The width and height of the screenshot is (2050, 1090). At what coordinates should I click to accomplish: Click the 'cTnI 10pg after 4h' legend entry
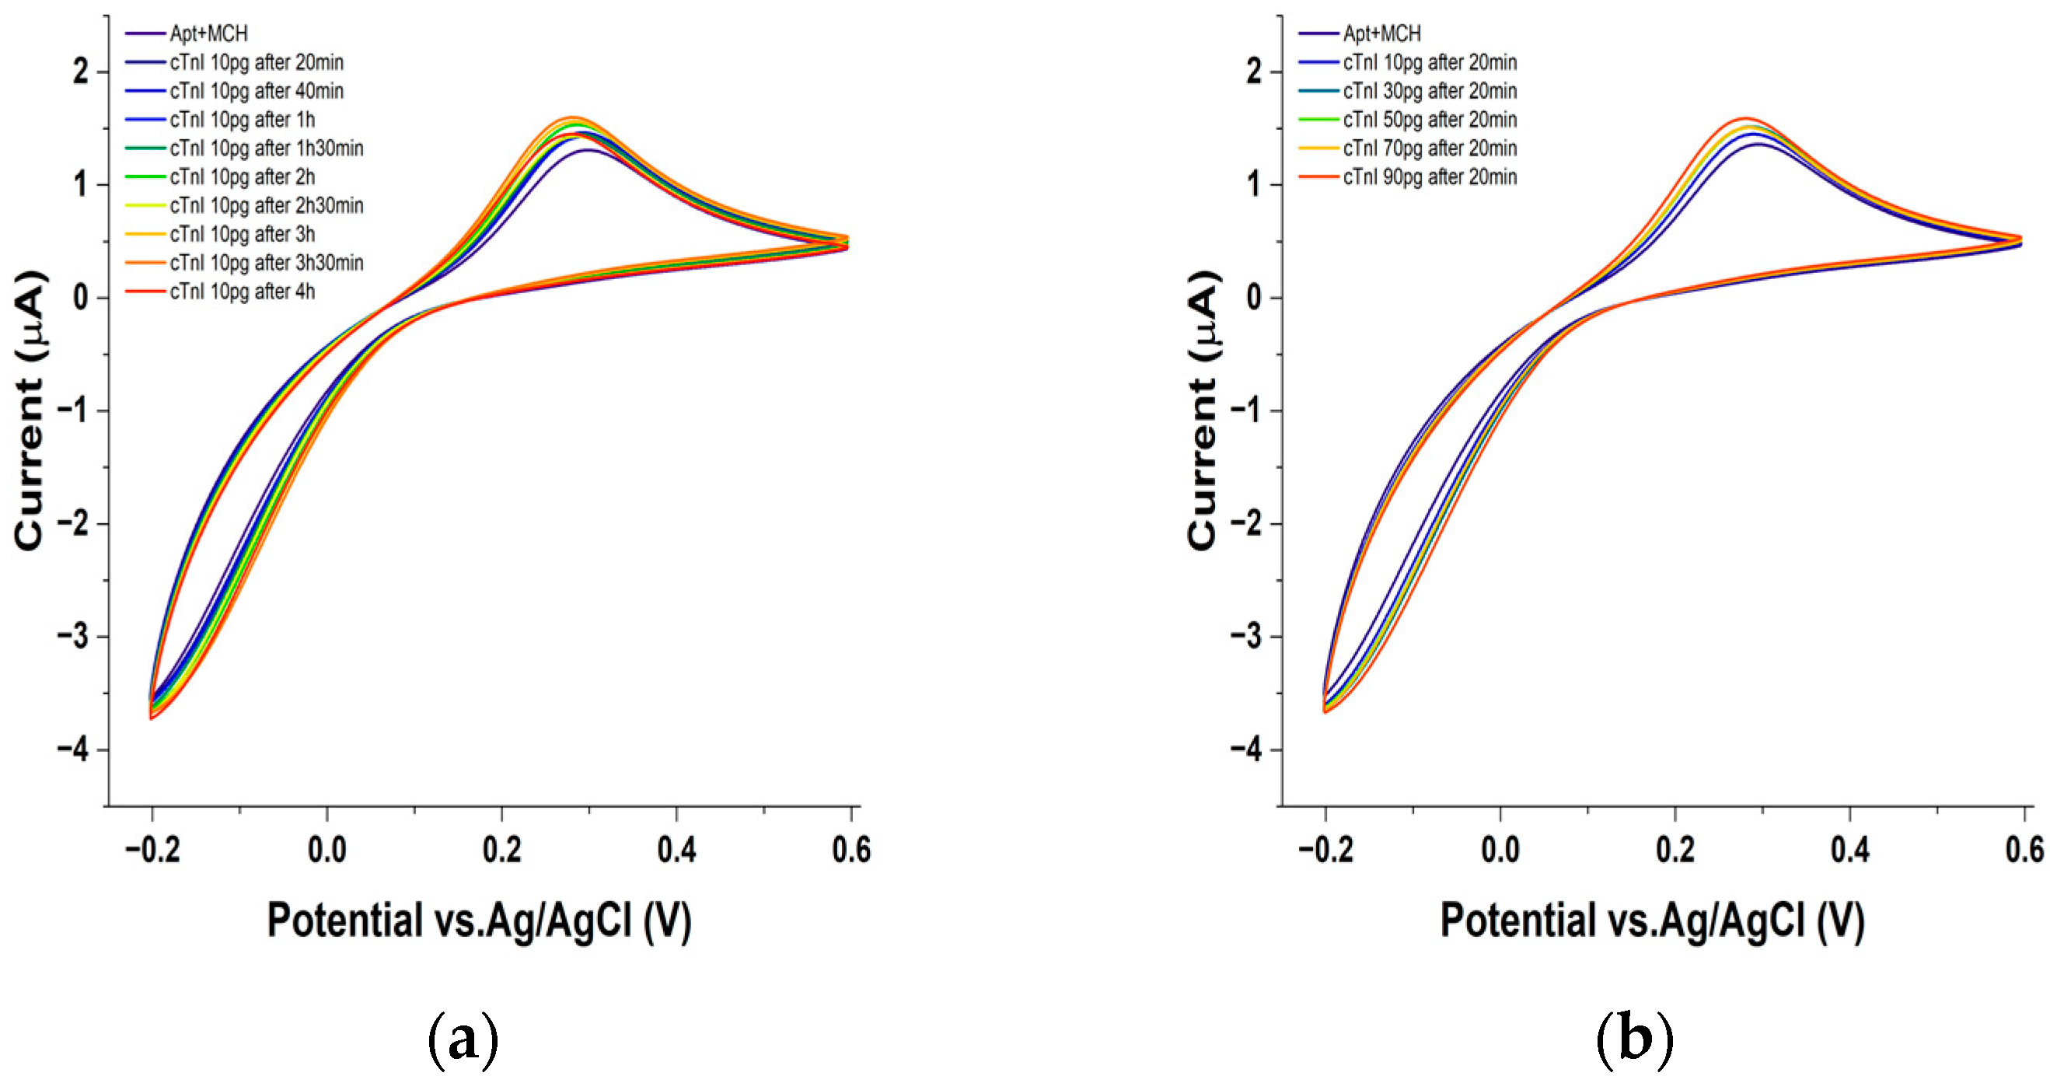pyautogui.click(x=242, y=292)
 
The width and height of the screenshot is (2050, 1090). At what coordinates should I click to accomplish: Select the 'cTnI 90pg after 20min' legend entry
pyautogui.click(x=1430, y=177)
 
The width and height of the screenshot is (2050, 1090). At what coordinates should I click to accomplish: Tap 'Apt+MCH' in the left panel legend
pyautogui.click(x=208, y=33)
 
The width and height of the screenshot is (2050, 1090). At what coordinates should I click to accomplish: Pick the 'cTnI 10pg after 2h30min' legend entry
pyautogui.click(x=266, y=206)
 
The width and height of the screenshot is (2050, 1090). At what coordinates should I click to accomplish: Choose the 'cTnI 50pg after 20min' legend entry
pyautogui.click(x=1430, y=121)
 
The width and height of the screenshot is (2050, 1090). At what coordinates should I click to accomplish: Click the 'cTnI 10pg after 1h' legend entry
pyautogui.click(x=242, y=121)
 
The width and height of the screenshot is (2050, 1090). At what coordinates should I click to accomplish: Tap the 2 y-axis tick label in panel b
pyautogui.click(x=1254, y=72)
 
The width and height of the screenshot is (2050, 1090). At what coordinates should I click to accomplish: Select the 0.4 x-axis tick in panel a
pyautogui.click(x=676, y=850)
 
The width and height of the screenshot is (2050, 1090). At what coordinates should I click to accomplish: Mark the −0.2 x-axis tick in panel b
pyautogui.click(x=1325, y=850)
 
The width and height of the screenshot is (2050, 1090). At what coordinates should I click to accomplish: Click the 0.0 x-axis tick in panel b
pyautogui.click(x=1500, y=850)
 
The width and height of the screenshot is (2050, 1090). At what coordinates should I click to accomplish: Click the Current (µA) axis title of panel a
pyautogui.click(x=30, y=410)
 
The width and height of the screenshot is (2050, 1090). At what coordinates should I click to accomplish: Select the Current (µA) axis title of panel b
pyautogui.click(x=1203, y=410)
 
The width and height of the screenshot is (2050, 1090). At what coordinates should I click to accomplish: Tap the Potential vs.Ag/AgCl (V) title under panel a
pyautogui.click(x=479, y=921)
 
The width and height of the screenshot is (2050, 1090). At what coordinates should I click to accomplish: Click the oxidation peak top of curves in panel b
pyautogui.click(x=1745, y=120)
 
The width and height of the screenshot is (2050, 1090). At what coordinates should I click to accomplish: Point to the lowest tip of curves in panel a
pyautogui.click(x=151, y=718)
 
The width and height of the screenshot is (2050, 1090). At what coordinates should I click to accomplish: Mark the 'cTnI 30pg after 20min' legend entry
pyautogui.click(x=1430, y=92)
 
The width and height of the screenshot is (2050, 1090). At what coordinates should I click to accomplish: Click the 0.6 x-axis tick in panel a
pyautogui.click(x=850, y=850)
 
